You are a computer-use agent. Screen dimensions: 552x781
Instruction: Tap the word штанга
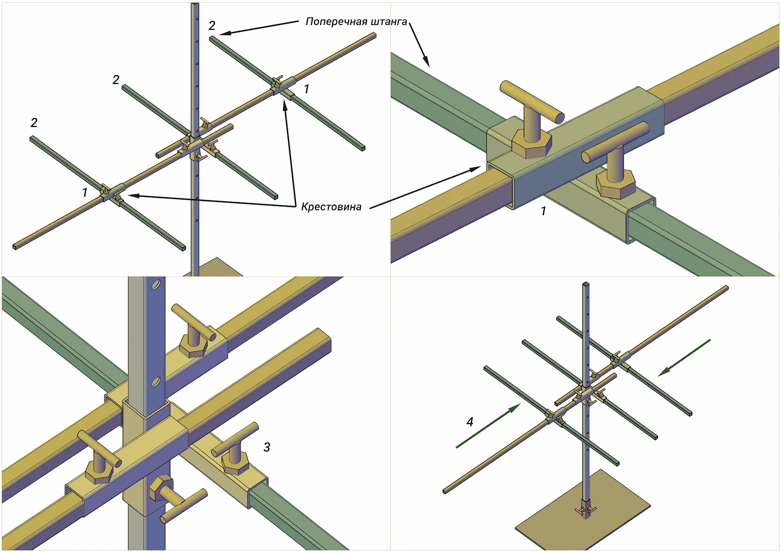[389, 21]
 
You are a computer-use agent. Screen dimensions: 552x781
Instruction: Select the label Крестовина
[331, 207]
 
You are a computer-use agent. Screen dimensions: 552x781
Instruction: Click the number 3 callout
[267, 447]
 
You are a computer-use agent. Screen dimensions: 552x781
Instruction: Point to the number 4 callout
[470, 422]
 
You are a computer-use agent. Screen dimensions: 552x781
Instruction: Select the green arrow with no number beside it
[684, 358]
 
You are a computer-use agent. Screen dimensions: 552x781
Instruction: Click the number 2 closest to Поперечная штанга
[211, 25]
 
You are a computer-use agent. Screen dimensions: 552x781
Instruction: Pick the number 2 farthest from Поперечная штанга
[34, 123]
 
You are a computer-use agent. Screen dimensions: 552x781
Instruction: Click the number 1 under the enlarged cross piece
[543, 211]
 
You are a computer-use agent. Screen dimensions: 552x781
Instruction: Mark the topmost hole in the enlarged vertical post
[156, 284]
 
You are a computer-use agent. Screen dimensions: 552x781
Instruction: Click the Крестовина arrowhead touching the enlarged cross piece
[476, 169]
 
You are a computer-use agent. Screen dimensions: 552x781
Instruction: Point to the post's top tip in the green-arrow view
[586, 284]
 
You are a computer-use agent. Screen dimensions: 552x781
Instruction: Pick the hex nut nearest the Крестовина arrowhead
[531, 145]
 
